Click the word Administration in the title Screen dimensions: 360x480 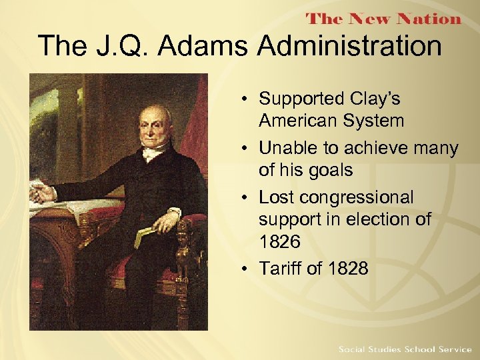[349, 47]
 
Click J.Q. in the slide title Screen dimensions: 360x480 [119, 47]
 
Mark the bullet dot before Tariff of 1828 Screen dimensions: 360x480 [247, 269]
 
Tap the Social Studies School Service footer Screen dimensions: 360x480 [404, 349]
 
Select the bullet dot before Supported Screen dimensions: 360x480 [247, 99]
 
